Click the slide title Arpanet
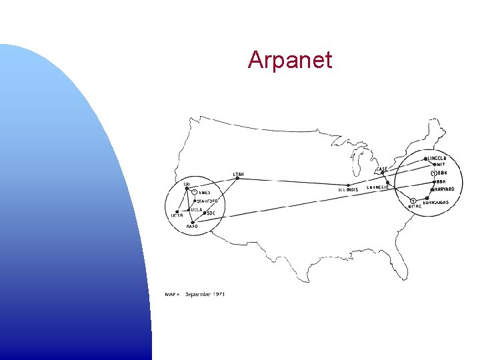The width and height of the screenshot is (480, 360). pos(289,60)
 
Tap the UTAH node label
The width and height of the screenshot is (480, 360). pos(238,175)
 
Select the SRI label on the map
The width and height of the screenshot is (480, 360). pos(187,184)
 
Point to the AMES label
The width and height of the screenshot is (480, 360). pos(204,193)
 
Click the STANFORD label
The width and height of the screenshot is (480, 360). pos(207,201)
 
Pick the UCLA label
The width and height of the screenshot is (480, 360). pos(196,209)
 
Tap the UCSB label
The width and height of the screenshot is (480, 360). pos(177,215)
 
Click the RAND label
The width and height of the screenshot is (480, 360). pos(192,227)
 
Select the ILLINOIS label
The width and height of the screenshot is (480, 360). pos(348,189)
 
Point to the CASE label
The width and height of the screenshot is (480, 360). pos(382,169)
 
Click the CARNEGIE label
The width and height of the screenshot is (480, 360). pos(378,187)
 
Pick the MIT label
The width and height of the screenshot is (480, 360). pos(441,165)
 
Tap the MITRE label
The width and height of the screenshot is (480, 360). pos(415,207)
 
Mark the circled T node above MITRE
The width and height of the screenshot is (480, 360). pos(413,201)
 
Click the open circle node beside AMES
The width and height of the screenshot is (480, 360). pos(194,193)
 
